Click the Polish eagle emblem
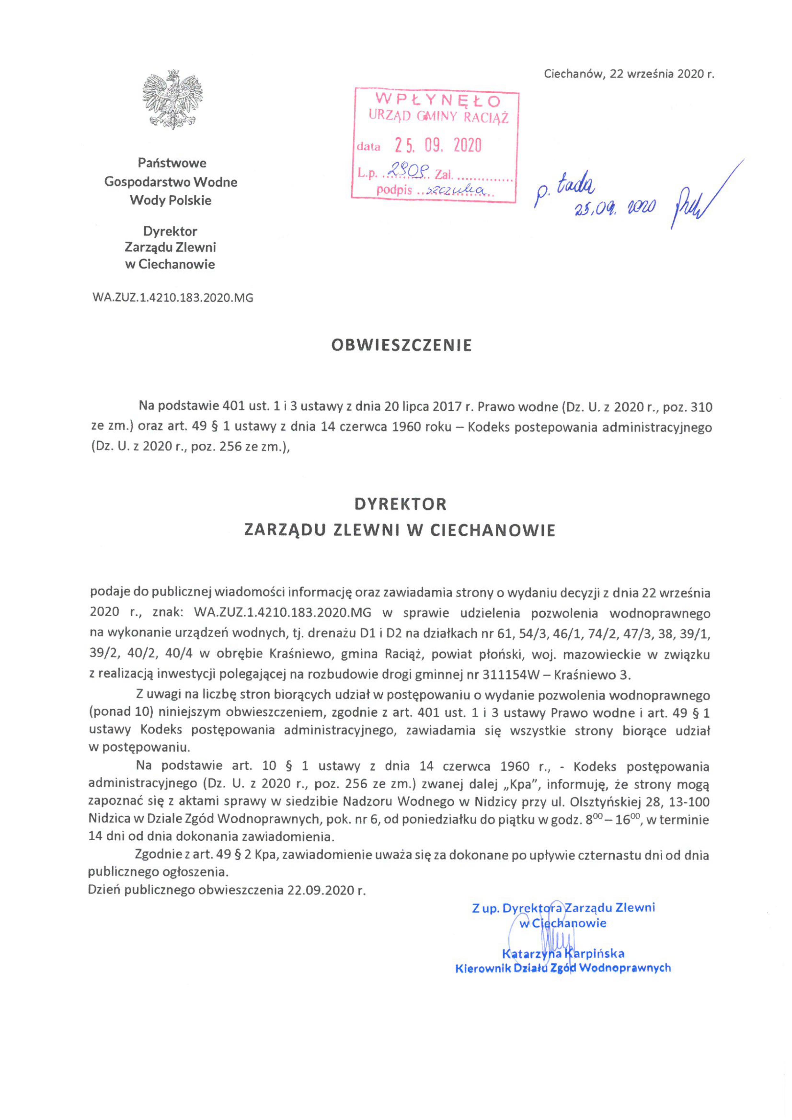click(172, 99)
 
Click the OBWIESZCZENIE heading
click(401, 346)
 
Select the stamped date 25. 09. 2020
click(438, 145)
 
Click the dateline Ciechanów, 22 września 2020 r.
click(629, 74)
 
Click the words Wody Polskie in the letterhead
click(171, 200)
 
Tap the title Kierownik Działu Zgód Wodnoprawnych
click(563, 968)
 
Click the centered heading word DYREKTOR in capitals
click(400, 504)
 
